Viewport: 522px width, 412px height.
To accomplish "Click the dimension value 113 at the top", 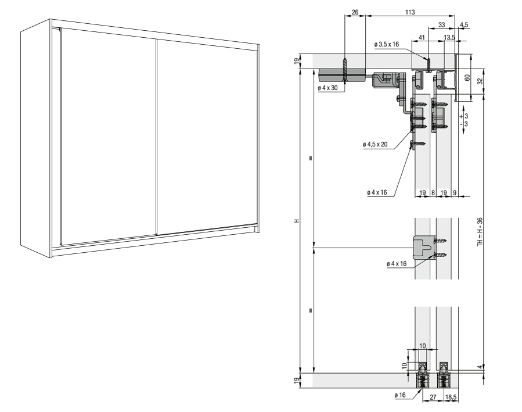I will (x=410, y=11).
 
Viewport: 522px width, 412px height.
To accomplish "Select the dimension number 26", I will (x=355, y=11).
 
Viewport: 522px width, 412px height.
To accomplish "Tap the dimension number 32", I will (x=479, y=81).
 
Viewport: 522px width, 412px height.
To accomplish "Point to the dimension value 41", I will (x=422, y=37).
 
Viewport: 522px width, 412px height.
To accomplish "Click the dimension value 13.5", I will (x=449, y=37).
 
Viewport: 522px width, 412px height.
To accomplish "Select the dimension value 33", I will (x=442, y=24).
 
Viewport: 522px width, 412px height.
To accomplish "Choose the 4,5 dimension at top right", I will (x=464, y=24).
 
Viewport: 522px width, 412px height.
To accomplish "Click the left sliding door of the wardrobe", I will (x=107, y=137).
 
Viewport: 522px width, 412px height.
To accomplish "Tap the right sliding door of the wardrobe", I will (x=206, y=137).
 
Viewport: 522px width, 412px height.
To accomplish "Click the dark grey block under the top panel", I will (x=341, y=75).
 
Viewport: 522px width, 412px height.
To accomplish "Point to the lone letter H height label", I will (x=296, y=221).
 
